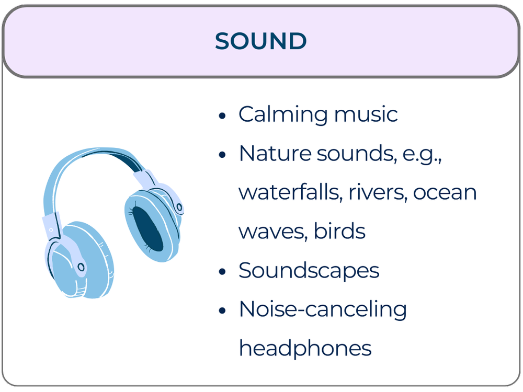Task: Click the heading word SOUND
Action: pyautogui.click(x=260, y=41)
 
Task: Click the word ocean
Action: pyautogui.click(x=445, y=192)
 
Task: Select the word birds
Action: pyautogui.click(x=339, y=231)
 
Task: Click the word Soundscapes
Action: pyautogui.click(x=309, y=270)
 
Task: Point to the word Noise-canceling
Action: pyautogui.click(x=322, y=309)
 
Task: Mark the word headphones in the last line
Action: pyautogui.click(x=305, y=348)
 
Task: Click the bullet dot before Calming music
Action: pyautogui.click(x=223, y=116)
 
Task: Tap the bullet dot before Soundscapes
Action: pyautogui.click(x=223, y=271)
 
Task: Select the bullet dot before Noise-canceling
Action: pyautogui.click(x=223, y=310)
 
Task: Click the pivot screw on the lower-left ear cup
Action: pyautogui.click(x=81, y=267)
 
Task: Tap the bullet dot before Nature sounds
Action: pyautogui.click(x=223, y=155)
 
